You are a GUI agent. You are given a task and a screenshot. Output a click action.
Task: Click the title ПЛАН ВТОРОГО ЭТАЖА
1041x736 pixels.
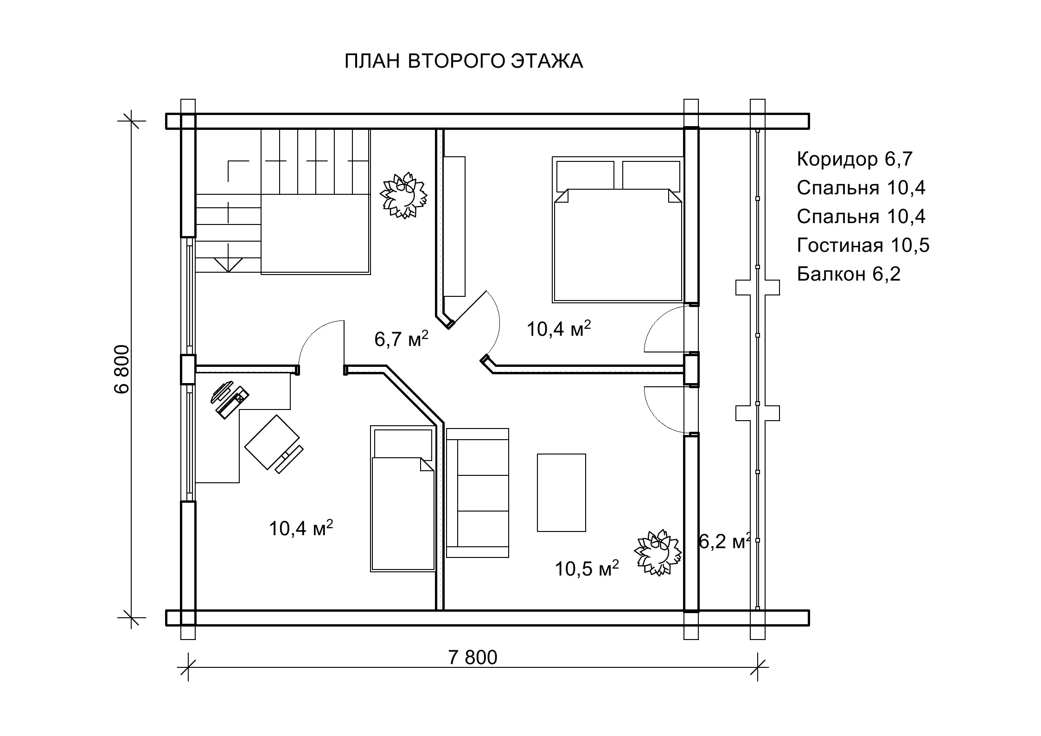tap(463, 61)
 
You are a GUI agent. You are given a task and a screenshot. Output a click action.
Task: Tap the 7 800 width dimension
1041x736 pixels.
tap(473, 657)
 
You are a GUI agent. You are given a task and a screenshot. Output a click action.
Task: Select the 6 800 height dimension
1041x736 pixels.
tap(122, 369)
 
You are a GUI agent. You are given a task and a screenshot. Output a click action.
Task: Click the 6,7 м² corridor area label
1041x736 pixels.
tap(401, 339)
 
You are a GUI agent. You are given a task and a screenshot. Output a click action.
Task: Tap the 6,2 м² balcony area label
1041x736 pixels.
tap(724, 541)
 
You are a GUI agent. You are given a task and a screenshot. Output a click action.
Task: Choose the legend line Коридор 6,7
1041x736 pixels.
tap(855, 159)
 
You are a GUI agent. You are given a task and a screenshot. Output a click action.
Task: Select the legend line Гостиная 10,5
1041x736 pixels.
tap(863, 245)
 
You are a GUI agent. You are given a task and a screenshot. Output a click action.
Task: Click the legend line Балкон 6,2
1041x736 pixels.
tap(849, 274)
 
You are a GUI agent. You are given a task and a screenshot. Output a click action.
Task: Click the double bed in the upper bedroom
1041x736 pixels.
tap(618, 230)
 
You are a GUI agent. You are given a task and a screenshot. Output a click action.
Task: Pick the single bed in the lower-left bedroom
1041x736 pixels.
tap(402, 499)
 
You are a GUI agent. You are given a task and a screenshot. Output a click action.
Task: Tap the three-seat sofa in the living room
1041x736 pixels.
tap(477, 493)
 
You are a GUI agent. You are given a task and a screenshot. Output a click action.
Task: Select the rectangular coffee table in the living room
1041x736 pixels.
tap(562, 493)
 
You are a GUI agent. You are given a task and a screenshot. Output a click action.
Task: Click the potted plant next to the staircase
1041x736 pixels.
tap(403, 196)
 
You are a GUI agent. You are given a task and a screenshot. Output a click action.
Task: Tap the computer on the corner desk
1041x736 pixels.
tap(230, 399)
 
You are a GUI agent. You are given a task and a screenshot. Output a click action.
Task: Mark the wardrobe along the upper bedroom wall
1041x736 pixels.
tap(454, 226)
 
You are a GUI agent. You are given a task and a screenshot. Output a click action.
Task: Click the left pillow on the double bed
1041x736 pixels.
tap(585, 175)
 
